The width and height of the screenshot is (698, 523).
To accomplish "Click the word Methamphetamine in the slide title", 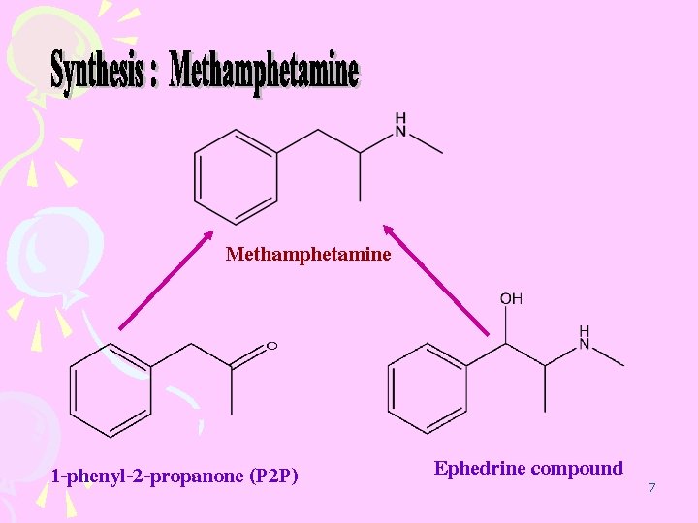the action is click(264, 73).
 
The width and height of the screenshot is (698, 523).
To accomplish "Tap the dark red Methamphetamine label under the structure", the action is click(308, 255).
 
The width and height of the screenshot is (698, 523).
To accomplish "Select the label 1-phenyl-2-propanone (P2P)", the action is click(174, 476).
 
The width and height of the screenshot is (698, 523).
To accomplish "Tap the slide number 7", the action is click(651, 488).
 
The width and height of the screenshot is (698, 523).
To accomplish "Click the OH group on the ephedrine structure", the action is click(511, 299).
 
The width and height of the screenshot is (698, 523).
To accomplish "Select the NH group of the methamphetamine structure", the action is click(400, 125).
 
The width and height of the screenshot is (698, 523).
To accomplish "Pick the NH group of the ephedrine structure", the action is click(584, 338).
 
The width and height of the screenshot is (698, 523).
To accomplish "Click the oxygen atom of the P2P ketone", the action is click(271, 346).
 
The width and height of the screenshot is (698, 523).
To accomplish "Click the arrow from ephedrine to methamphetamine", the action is click(436, 281).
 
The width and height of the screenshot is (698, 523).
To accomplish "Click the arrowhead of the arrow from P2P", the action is click(207, 235).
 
